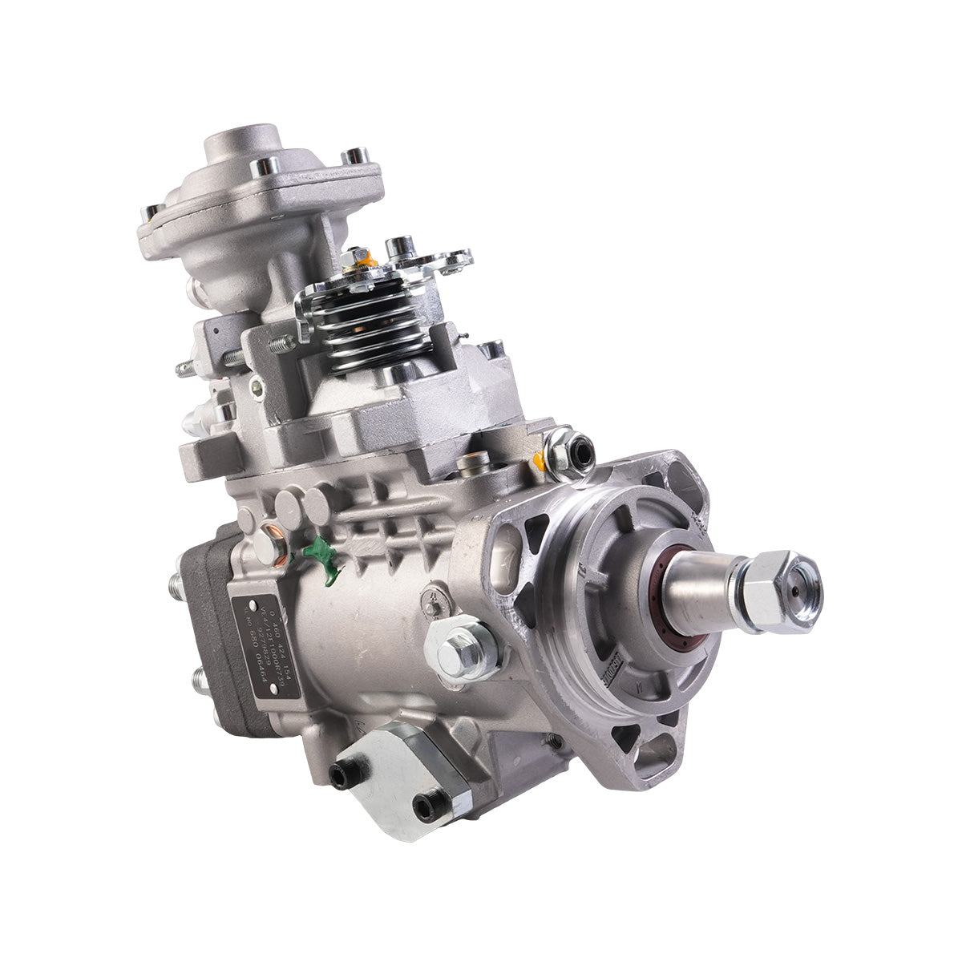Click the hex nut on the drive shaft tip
coord(776,591)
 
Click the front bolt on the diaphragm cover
coord(261,168)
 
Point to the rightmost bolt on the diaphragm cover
coord(354,156)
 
